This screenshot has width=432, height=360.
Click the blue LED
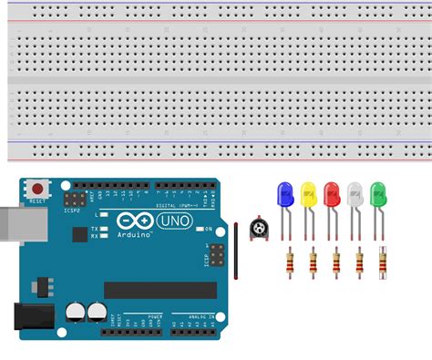[x=285, y=194]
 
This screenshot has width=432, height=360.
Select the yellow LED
[x=309, y=194]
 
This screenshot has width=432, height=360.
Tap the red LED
[x=332, y=194]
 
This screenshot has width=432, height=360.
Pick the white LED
[x=355, y=194]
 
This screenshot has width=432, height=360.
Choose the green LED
[x=378, y=194]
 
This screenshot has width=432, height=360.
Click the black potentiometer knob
[x=262, y=228]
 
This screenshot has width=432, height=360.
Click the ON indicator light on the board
[x=199, y=229]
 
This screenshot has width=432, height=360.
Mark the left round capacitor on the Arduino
[x=72, y=311]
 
